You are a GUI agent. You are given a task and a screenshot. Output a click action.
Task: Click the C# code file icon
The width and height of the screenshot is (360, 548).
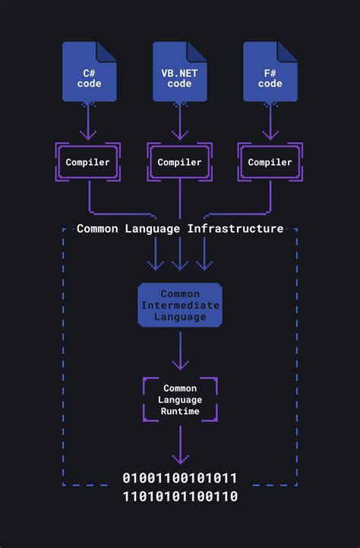(x=89, y=73)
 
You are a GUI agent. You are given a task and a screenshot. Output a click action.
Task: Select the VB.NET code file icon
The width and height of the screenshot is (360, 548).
(x=180, y=73)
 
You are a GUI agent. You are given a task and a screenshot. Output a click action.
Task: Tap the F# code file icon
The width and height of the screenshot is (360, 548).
(x=270, y=73)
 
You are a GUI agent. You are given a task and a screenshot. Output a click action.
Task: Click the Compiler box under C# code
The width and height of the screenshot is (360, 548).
(x=88, y=162)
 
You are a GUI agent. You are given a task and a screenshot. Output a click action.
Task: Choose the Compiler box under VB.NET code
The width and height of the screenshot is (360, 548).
(x=180, y=162)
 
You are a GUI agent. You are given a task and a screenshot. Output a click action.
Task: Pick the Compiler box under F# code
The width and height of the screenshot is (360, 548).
(x=270, y=162)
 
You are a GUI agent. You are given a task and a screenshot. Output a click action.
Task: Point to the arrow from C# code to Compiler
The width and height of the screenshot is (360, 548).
(x=88, y=122)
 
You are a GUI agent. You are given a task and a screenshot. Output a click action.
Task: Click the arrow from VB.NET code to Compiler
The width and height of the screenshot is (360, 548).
(x=180, y=122)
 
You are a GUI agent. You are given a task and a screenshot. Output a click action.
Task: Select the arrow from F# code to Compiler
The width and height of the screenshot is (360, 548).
(x=270, y=122)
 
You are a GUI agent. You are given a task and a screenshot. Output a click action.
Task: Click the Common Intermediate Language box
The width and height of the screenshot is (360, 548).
(x=180, y=305)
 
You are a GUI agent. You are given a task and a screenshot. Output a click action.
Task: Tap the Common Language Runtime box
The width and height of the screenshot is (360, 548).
(x=180, y=400)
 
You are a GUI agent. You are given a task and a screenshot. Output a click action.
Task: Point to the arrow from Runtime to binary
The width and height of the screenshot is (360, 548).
(x=180, y=445)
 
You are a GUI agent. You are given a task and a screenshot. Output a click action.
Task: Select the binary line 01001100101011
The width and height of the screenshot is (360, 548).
(x=180, y=478)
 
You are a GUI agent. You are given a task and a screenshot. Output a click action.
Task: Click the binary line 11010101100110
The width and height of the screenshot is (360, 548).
(x=180, y=496)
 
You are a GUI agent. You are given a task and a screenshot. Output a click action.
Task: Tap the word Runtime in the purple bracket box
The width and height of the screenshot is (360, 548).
(x=180, y=411)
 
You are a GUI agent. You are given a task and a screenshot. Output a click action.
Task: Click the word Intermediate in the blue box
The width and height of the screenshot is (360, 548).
(x=180, y=305)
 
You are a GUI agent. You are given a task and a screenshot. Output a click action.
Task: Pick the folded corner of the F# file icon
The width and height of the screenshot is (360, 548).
(x=288, y=51)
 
